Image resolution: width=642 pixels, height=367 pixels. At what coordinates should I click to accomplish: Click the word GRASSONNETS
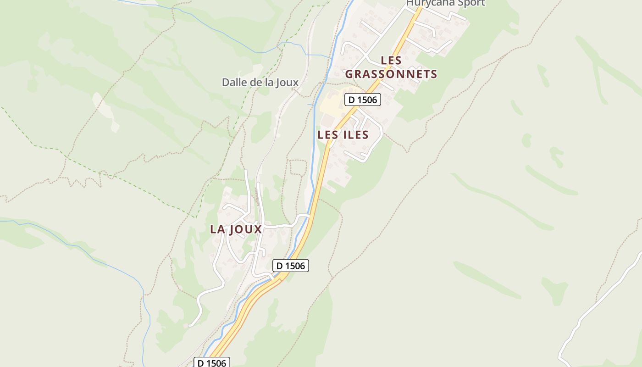point(391,74)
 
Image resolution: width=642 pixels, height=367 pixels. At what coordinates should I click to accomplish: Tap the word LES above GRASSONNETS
point(391,60)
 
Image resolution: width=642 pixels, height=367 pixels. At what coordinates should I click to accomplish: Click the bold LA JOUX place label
point(236,229)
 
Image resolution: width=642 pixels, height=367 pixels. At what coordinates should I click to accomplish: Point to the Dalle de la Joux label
point(260,83)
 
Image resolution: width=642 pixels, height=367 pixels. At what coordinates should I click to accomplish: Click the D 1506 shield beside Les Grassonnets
point(363,100)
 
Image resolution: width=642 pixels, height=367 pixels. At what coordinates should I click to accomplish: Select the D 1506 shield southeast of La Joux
point(291,266)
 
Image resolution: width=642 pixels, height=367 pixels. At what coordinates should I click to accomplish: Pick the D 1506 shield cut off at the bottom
point(211,362)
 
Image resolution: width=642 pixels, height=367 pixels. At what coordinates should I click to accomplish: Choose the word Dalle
point(233,83)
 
